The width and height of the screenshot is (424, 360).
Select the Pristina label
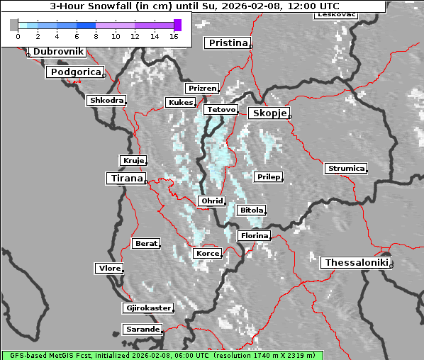[228, 43]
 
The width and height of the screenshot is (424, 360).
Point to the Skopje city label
[269, 113]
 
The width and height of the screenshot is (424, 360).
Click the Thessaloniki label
[357, 263]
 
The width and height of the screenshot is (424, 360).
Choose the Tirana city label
[125, 179]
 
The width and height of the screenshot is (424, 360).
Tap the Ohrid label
[212, 201]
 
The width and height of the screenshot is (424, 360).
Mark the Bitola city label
[252, 210]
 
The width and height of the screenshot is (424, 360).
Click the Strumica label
[346, 169]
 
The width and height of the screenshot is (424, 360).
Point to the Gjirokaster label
[147, 308]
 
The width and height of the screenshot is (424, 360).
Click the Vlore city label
[109, 269]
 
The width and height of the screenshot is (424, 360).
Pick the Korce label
[207, 253]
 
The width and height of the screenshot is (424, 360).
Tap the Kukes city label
[180, 103]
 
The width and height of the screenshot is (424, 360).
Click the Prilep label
[268, 176]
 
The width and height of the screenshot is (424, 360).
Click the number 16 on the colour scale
[173, 35]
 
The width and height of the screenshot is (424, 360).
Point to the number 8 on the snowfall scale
[96, 35]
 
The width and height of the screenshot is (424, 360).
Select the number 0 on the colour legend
[18, 35]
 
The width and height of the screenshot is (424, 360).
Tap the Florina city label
[254, 235]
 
